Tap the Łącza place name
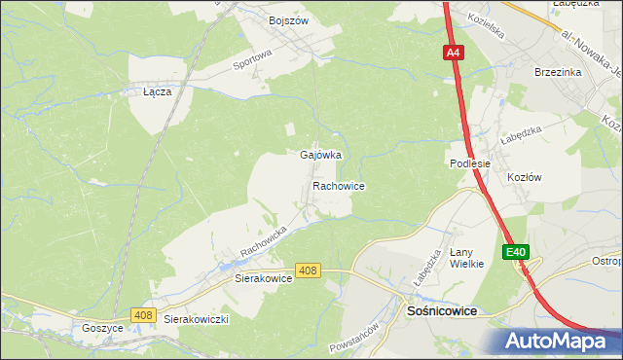(157, 91)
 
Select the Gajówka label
(320, 155)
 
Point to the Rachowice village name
(338, 185)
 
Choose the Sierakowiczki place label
(196, 319)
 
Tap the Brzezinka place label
(557, 72)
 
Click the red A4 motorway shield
(454, 54)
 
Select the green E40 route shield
(516, 252)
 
